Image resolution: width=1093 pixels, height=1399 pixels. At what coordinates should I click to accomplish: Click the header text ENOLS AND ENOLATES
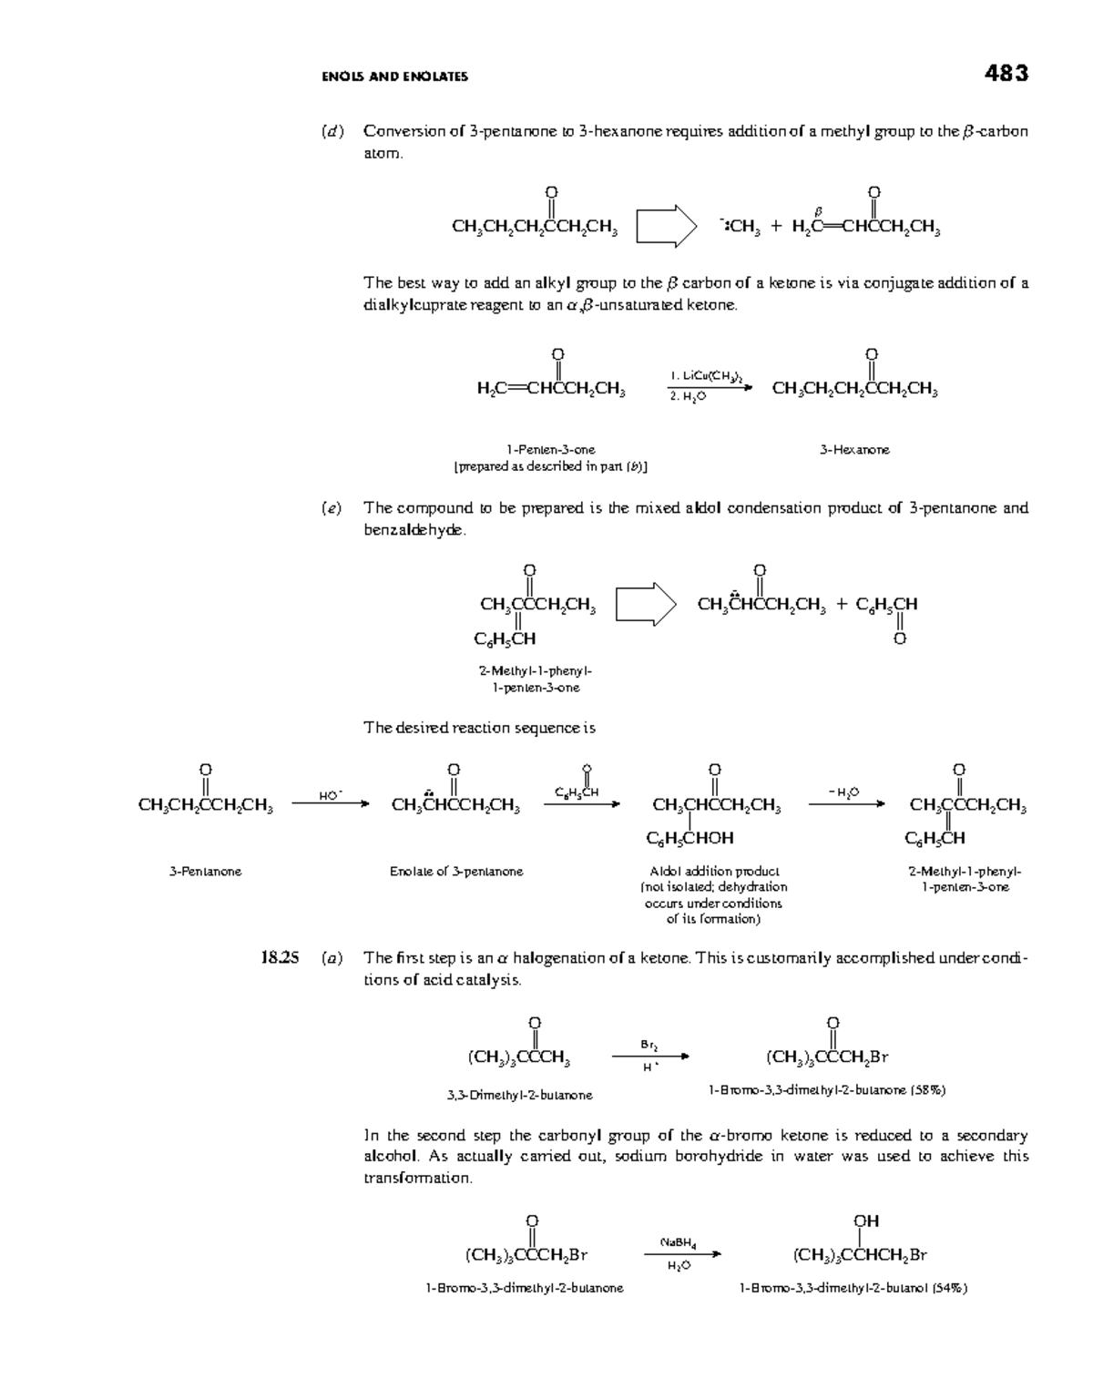(394, 77)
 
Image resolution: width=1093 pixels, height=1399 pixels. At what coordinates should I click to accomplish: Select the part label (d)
(332, 131)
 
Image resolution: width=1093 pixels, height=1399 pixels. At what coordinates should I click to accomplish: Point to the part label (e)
(332, 508)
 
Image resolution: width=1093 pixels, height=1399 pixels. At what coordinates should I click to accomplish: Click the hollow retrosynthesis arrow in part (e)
(646, 604)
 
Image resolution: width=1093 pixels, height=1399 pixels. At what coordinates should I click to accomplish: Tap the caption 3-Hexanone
(854, 450)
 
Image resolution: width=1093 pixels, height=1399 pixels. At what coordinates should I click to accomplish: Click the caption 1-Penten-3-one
(551, 450)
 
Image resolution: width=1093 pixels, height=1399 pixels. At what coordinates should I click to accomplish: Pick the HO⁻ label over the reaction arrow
(330, 795)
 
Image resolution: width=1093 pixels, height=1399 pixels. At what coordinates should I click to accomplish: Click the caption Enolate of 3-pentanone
(456, 872)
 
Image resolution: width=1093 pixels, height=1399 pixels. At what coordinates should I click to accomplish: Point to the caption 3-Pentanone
(205, 872)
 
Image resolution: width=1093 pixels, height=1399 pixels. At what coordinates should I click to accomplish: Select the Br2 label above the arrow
(649, 1044)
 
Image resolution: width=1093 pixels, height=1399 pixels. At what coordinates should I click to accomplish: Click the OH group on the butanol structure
(866, 1220)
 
